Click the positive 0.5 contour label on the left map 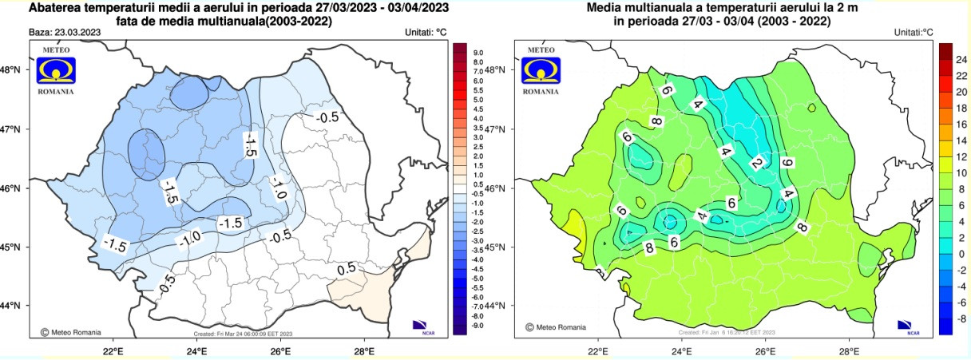pos(346,269)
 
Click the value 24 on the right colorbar pos(961,59)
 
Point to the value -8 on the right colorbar pos(961,318)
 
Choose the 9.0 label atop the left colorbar pos(478,53)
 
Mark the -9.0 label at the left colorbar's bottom pos(478,325)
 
